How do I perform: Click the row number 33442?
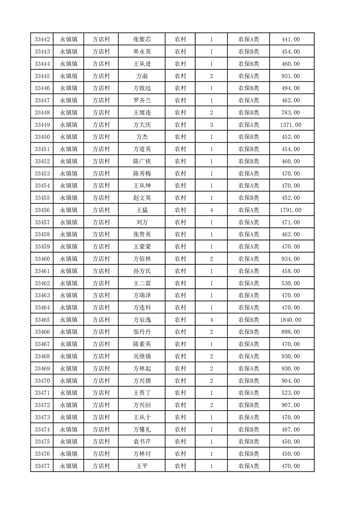(x=42, y=40)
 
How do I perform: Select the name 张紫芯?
(x=142, y=40)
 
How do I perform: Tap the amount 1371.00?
(x=291, y=125)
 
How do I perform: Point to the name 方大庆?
(x=142, y=125)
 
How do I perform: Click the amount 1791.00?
(x=291, y=210)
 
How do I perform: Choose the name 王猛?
(x=142, y=210)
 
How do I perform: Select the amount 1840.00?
(x=291, y=320)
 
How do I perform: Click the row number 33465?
(x=42, y=320)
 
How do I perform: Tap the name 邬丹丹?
(x=142, y=332)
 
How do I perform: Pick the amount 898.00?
(x=291, y=332)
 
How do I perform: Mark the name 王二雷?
(x=142, y=283)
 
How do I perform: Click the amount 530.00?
(x=291, y=283)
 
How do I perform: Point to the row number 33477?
(x=42, y=466)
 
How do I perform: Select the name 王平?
(x=142, y=466)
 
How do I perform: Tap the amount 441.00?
(x=291, y=40)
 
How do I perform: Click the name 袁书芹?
(x=142, y=441)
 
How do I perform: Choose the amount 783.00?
(x=291, y=113)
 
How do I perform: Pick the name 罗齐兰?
(x=142, y=100)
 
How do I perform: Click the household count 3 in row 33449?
(x=212, y=125)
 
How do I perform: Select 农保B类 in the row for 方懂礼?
(x=248, y=429)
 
